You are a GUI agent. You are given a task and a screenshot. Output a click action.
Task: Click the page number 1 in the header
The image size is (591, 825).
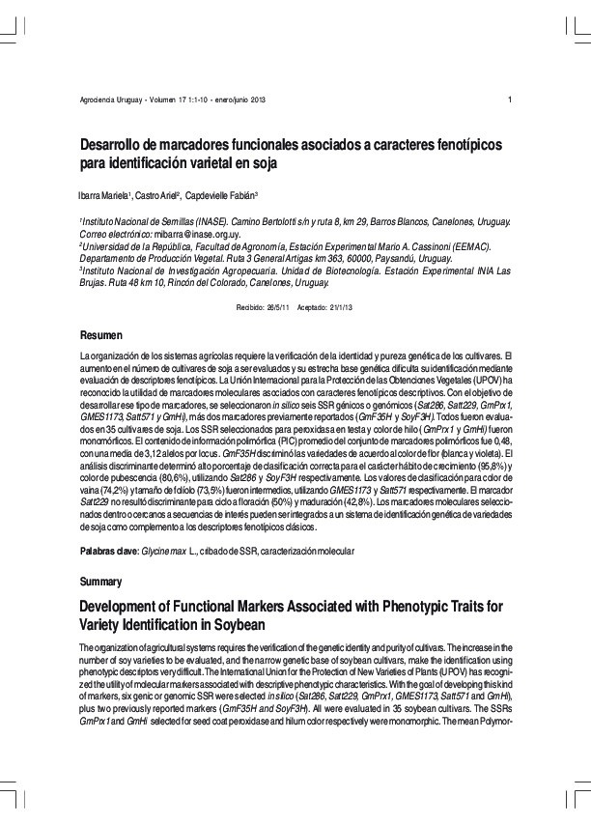(509, 101)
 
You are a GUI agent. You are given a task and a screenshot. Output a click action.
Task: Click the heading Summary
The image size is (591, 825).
(100, 582)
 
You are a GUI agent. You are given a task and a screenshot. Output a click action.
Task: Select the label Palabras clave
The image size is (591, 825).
(110, 550)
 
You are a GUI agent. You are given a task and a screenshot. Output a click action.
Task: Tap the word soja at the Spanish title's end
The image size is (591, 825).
(263, 163)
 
